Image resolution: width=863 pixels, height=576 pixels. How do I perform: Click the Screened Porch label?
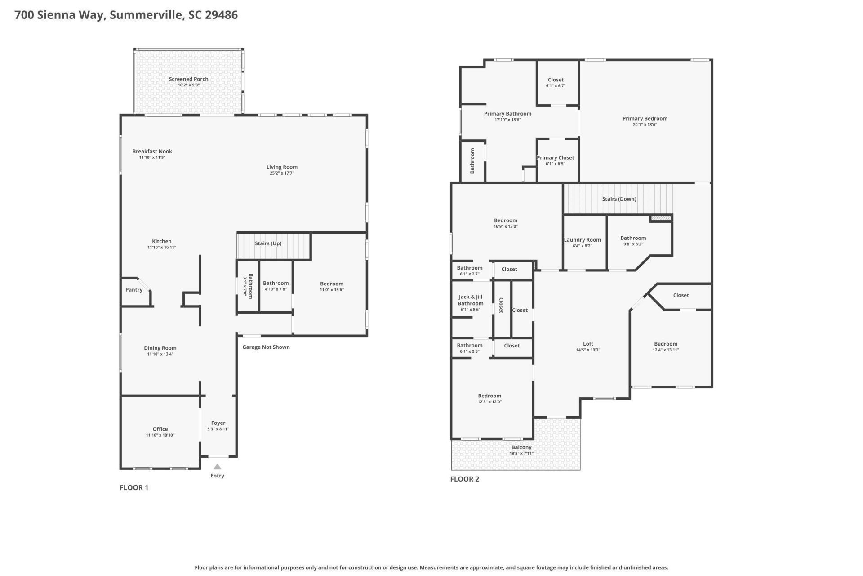click(x=188, y=79)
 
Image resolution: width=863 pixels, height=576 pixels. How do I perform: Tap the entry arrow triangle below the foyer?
click(x=217, y=467)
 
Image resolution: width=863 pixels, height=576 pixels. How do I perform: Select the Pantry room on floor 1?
click(x=134, y=290)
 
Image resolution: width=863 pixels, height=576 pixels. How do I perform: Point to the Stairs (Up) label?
click(x=268, y=243)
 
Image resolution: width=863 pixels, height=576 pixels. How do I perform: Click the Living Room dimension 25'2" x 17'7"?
click(x=282, y=173)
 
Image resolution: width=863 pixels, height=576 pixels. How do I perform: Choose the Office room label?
click(x=160, y=429)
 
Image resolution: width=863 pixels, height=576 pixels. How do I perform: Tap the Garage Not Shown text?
click(x=266, y=347)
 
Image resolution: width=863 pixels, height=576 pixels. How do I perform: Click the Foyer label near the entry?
click(x=218, y=423)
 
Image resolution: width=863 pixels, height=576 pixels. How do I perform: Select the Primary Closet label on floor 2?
click(x=555, y=158)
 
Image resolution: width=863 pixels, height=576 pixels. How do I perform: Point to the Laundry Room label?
click(x=582, y=240)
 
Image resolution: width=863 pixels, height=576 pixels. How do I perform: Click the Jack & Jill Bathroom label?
click(x=471, y=300)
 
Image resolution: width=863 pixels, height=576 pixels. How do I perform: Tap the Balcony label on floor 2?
click(x=521, y=447)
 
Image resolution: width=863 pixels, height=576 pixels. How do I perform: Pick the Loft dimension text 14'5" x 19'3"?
click(x=588, y=350)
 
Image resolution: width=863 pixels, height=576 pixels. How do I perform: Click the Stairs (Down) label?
click(x=619, y=199)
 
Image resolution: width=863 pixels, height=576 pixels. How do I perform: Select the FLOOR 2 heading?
click(x=464, y=479)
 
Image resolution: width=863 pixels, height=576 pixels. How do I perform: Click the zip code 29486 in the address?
click(x=221, y=15)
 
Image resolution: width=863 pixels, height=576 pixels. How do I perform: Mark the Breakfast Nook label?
click(x=152, y=152)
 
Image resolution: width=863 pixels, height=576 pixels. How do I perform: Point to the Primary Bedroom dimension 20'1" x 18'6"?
click(x=645, y=125)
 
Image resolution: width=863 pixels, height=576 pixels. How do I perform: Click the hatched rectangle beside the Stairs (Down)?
click(x=661, y=218)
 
